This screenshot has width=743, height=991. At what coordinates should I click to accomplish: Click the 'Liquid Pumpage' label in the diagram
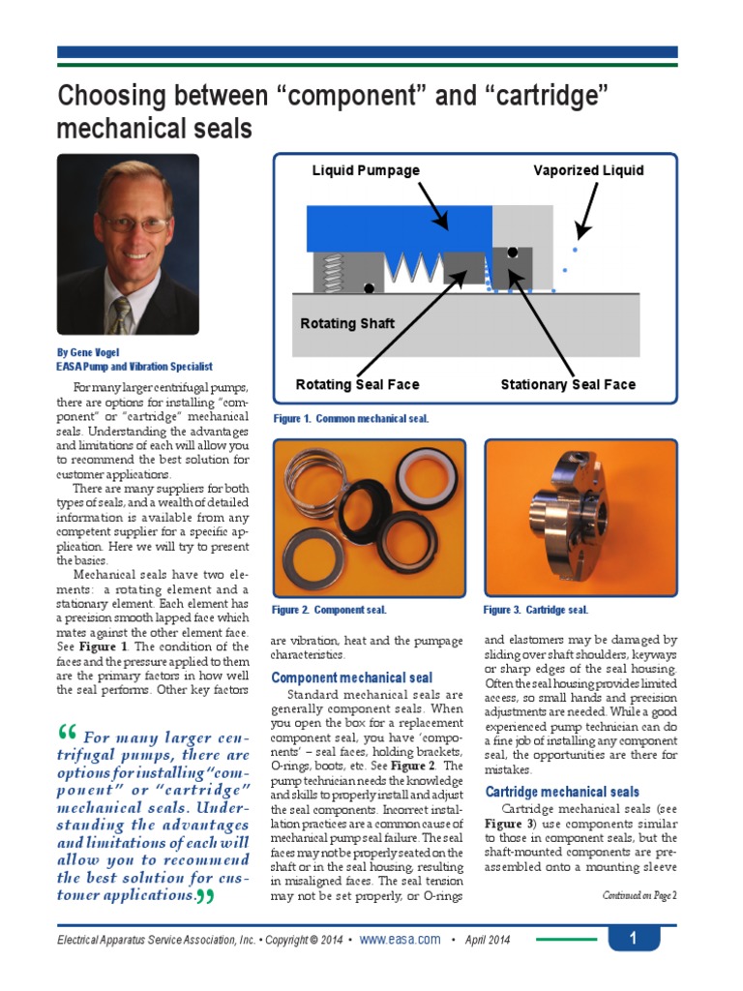pyautogui.click(x=366, y=170)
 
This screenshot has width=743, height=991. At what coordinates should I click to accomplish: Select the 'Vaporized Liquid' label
pyautogui.click(x=588, y=170)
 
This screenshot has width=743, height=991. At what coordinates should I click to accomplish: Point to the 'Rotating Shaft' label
pyautogui.click(x=347, y=323)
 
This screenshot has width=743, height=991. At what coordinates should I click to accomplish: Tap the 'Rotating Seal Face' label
pyautogui.click(x=357, y=384)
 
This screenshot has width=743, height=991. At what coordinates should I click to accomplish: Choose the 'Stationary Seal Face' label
pyautogui.click(x=568, y=384)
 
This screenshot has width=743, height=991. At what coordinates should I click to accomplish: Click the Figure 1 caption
pyautogui.click(x=350, y=419)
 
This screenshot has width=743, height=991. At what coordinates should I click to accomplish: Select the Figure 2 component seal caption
pyautogui.click(x=329, y=610)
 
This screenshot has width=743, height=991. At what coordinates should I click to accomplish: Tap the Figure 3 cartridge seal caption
pyautogui.click(x=535, y=610)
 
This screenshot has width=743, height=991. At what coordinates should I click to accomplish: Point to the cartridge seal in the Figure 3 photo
pyautogui.click(x=571, y=513)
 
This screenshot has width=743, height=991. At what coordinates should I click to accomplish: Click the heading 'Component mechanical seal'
pyautogui.click(x=352, y=677)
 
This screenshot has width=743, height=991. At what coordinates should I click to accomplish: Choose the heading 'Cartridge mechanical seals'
pyautogui.click(x=562, y=792)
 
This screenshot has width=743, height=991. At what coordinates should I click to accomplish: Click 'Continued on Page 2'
pyautogui.click(x=639, y=895)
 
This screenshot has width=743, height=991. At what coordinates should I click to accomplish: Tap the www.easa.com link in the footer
pyautogui.click(x=401, y=940)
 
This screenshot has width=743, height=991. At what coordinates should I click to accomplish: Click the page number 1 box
pyautogui.click(x=633, y=939)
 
